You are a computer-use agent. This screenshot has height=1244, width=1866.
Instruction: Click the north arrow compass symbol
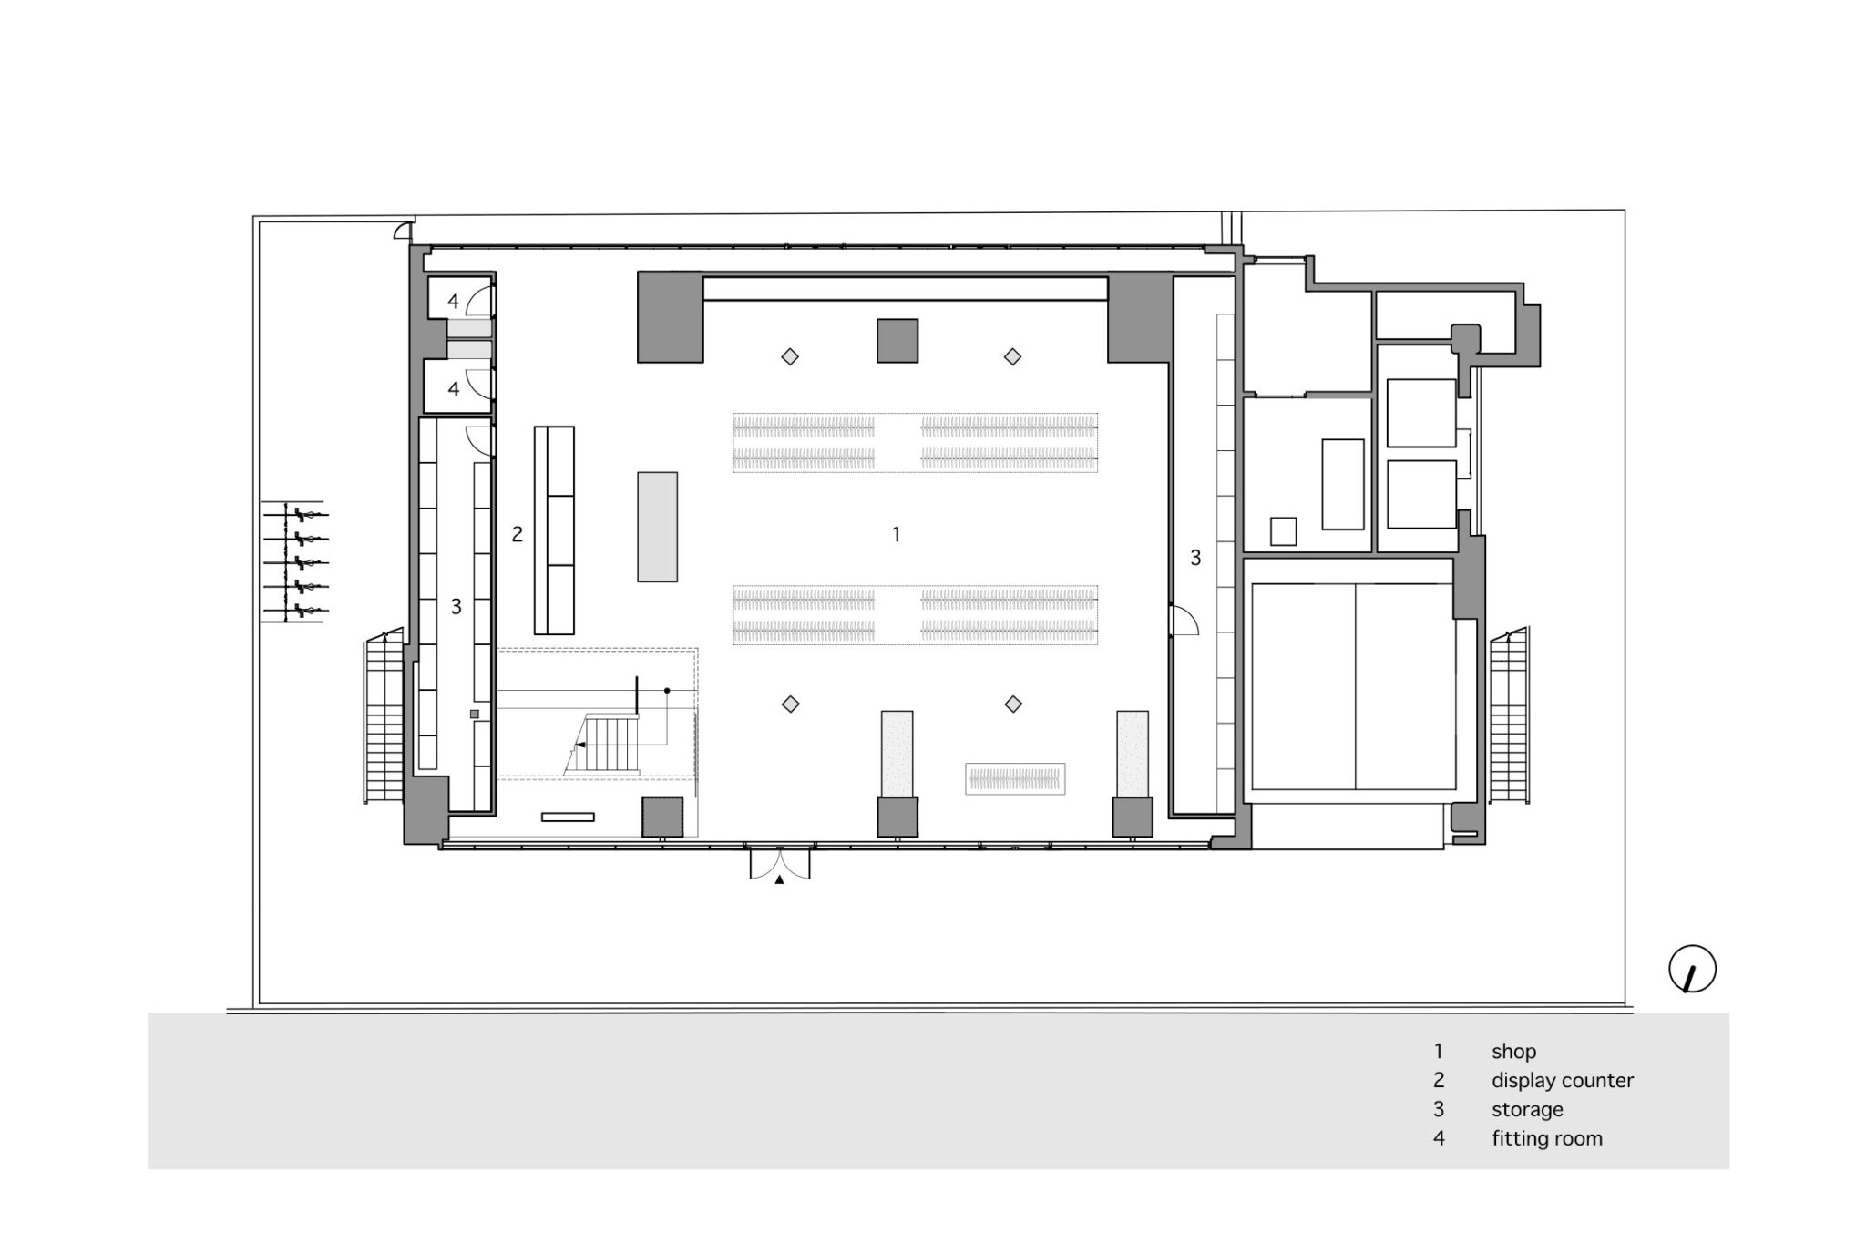point(1692,970)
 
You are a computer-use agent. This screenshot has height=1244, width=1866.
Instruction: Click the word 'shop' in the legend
point(1513,1051)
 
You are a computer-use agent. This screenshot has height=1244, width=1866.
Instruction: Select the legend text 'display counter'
point(1563,1081)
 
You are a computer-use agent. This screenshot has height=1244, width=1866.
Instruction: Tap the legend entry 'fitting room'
point(1547,1138)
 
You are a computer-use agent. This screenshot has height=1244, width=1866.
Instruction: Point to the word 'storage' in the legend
point(1527,1110)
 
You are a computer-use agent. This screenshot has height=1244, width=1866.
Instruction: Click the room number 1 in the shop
point(897,534)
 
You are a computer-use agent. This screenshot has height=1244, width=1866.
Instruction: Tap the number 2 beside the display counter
point(518,534)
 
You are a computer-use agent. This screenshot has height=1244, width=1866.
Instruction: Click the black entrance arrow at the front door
point(779,880)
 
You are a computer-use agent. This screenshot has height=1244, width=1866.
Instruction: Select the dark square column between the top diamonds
point(897,341)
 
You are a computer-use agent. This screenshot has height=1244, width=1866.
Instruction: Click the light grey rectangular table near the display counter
point(657,527)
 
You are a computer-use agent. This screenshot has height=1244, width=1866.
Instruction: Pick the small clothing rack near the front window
point(1015,778)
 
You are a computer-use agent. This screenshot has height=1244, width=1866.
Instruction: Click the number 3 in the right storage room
point(1195,557)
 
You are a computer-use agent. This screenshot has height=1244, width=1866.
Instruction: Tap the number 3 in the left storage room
point(456,606)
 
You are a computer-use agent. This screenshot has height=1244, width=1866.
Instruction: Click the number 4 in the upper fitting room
point(454,302)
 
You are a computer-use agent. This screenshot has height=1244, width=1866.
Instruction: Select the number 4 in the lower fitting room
point(454,389)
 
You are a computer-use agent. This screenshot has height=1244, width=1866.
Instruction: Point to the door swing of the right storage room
point(1183,621)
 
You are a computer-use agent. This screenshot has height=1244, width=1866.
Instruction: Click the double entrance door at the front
point(779,862)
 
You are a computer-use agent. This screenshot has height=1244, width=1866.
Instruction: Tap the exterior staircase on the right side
point(1510,715)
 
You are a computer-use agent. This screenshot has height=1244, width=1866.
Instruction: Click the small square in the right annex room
point(1283,531)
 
